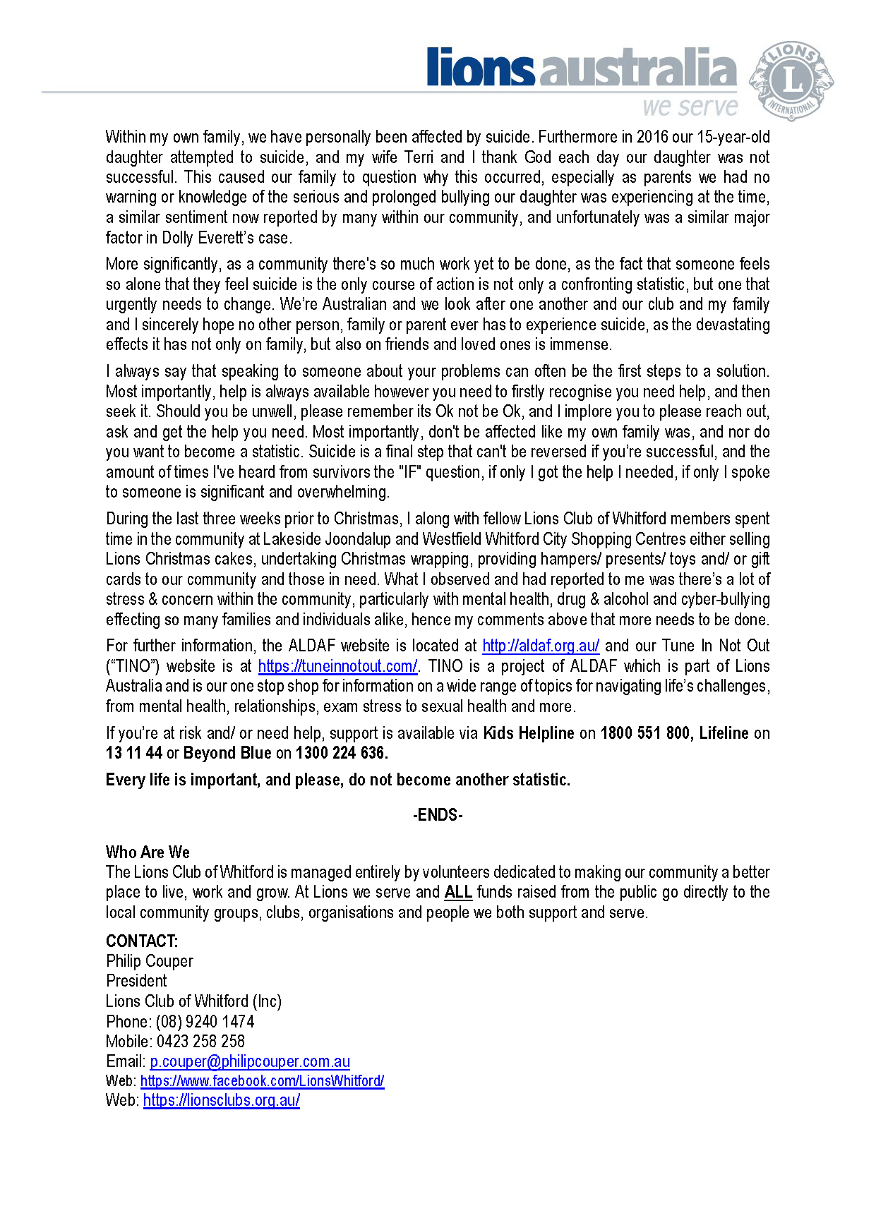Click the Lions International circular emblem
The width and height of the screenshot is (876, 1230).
coord(791,80)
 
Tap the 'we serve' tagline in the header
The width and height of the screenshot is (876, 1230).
coord(690,107)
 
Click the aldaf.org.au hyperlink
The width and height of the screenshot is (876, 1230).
coord(541,646)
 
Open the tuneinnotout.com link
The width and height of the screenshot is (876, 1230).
coord(337,666)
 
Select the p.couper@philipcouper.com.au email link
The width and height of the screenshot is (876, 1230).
coord(250,1061)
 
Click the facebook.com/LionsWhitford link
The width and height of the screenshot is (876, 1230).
coord(262,1081)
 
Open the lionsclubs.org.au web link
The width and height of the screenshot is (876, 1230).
coord(222,1100)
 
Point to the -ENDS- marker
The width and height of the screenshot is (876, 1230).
coord(438,816)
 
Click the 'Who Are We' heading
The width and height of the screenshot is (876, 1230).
coord(148,852)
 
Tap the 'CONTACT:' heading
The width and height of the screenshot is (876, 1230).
coord(142,941)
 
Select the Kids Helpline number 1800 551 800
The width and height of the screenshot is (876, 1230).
coord(645,733)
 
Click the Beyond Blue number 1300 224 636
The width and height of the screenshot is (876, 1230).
coord(341,753)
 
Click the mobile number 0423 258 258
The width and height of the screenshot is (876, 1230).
coord(200,1042)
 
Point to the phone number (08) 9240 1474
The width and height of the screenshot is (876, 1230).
coord(205,1022)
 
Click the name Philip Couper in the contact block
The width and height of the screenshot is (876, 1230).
coord(150,961)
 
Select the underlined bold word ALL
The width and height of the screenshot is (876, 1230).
coord(458,892)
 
